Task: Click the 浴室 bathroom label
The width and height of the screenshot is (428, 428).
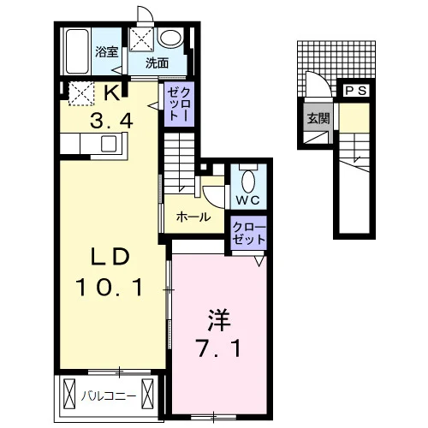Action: (106, 52)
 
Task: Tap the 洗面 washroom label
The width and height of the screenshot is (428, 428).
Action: (157, 63)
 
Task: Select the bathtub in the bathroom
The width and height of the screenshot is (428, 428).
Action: (77, 51)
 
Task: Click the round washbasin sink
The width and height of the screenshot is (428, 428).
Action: (170, 39)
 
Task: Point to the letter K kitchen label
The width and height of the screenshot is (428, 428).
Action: (112, 92)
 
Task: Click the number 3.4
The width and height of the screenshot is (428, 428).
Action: (111, 121)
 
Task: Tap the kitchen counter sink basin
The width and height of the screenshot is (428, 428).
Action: (109, 144)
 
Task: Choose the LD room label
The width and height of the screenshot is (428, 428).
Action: (110, 257)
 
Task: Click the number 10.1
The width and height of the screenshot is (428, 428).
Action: (110, 288)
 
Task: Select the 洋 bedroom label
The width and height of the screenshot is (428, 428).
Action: (219, 319)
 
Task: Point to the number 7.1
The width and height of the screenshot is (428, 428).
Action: (219, 348)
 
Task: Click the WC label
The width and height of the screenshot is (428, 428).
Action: (247, 200)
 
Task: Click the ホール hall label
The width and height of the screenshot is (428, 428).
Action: (193, 217)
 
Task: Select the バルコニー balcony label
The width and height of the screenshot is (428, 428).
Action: (109, 396)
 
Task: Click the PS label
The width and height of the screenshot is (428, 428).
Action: (356, 91)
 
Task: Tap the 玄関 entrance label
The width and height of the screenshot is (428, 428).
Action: (318, 118)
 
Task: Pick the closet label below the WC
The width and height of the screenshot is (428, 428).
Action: (249, 234)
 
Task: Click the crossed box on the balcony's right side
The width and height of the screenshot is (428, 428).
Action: (147, 395)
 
